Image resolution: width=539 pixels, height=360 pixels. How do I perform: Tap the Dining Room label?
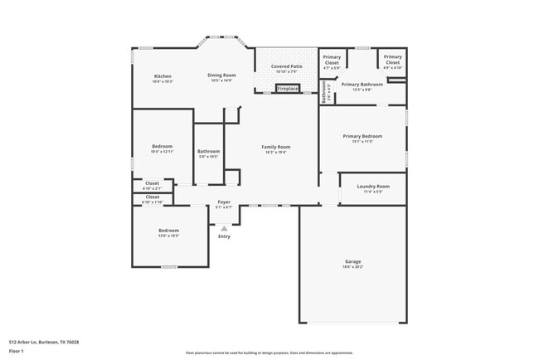point(221,75)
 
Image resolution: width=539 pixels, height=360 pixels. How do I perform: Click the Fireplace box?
point(288,88)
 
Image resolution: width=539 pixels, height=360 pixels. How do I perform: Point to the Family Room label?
point(276,147)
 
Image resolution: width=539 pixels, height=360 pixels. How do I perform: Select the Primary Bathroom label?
point(362,85)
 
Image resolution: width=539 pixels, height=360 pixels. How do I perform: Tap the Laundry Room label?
point(372,187)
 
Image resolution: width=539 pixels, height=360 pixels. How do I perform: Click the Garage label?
point(353,261)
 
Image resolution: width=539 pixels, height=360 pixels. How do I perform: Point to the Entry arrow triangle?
point(223,228)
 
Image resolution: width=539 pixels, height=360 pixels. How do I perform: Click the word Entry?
point(224,237)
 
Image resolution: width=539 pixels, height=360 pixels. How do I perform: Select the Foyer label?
point(224,202)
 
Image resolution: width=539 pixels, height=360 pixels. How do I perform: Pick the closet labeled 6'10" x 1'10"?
point(153,199)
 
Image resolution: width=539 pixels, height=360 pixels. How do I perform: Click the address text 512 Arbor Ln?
point(44,341)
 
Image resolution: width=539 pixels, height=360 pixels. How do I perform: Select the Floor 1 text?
point(17,351)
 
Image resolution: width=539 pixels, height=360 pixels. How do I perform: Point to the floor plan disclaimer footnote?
point(269,352)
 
